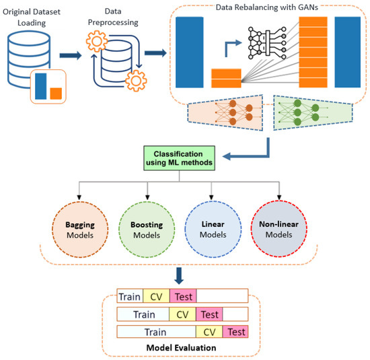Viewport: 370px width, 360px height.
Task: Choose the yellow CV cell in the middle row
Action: pyautogui.click(x=182, y=314)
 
